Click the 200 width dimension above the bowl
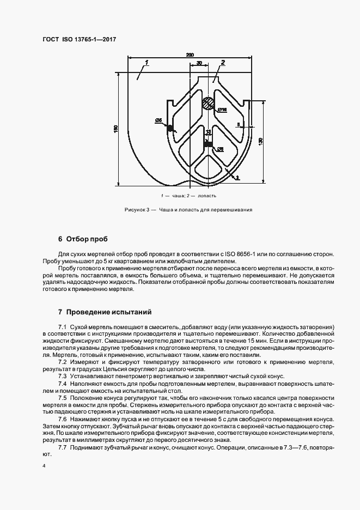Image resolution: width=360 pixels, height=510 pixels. [190, 54]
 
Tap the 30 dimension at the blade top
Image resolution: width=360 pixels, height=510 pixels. [199, 63]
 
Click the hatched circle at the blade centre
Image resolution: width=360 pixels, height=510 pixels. [207, 104]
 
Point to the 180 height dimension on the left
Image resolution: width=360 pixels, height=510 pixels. [115, 129]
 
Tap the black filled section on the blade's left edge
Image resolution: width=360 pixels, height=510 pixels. [170, 128]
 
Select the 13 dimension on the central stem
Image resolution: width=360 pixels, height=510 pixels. [208, 132]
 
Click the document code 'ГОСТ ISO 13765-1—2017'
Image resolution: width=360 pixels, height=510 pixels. [79, 40]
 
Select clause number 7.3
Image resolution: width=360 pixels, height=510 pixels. [62, 376]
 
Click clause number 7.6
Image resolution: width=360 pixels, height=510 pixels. [62, 420]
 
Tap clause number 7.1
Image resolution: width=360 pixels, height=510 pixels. [62, 326]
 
